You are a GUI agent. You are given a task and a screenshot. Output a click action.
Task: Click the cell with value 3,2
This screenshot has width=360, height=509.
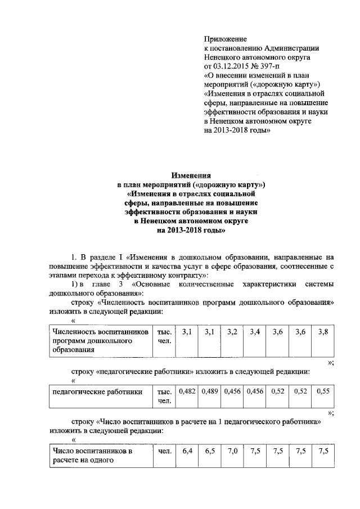(232, 332)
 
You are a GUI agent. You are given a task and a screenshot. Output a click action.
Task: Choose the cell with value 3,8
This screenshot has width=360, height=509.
(323, 332)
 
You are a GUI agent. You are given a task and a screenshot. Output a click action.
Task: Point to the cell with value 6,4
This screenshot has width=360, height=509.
(187, 451)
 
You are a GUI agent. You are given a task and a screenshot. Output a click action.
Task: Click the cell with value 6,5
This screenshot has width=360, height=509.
(210, 451)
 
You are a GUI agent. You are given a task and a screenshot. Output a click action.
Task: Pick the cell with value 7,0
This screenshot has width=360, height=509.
(232, 451)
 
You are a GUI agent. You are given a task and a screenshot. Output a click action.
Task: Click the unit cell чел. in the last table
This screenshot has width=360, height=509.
(164, 451)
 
